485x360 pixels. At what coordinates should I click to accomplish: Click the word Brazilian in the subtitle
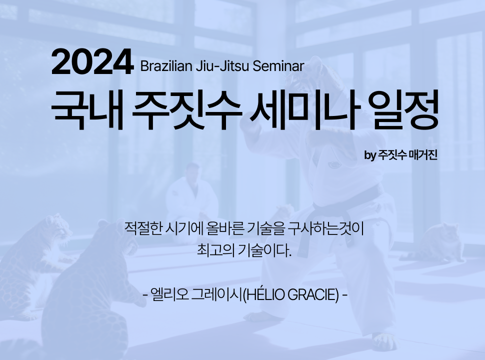pyautogui.click(x=166, y=66)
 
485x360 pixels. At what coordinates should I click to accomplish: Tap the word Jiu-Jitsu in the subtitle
pyautogui.click(x=222, y=66)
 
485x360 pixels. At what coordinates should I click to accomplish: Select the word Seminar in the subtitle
pyautogui.click(x=278, y=66)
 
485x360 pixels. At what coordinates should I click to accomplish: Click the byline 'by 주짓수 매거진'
pyautogui.click(x=400, y=154)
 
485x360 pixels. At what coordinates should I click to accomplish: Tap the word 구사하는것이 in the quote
pyautogui.click(x=325, y=228)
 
